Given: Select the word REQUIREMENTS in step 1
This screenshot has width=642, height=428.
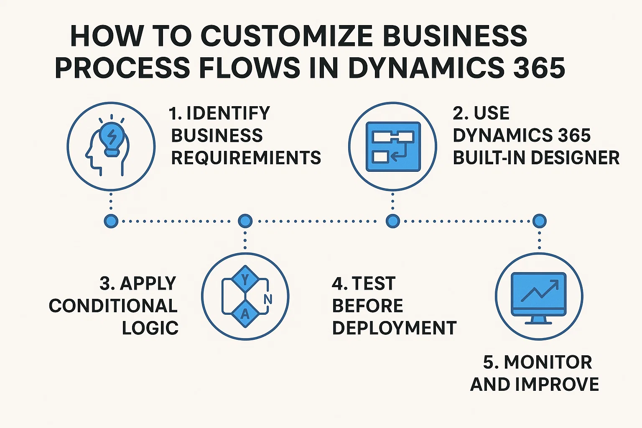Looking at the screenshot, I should [246, 158].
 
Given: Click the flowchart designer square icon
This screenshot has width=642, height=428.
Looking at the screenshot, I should [393, 147].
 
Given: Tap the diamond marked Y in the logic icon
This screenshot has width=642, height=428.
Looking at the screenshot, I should [245, 279].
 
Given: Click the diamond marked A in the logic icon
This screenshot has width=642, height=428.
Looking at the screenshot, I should [245, 314].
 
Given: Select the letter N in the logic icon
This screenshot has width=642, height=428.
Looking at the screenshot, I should [268, 299].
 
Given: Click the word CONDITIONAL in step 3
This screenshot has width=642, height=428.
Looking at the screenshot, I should [113, 306].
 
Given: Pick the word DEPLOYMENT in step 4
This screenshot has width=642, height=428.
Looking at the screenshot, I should [394, 328].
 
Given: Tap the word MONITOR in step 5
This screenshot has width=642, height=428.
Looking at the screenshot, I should [548, 362].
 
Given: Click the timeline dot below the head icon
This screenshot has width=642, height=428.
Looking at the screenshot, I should [111, 221].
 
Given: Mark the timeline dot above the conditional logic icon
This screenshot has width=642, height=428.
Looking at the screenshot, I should [245, 221].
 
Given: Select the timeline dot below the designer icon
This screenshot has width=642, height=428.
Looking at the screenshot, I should [392, 221].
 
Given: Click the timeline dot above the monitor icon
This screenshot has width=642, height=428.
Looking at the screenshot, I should [539, 221].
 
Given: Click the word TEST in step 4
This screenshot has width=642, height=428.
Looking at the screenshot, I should [374, 284].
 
